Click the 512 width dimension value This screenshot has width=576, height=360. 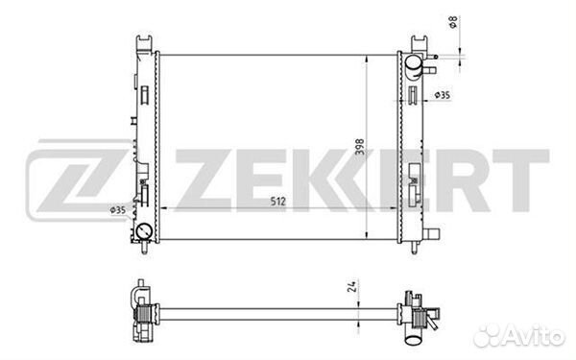pyautogui.click(x=277, y=202)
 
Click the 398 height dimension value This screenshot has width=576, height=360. pyautogui.click(x=360, y=147)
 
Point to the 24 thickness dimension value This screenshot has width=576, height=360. pyautogui.click(x=351, y=286)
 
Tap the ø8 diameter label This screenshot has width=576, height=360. pyautogui.click(x=453, y=22)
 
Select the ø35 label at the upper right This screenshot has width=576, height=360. pyautogui.click(x=443, y=95)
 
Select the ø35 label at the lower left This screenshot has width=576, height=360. pyautogui.click(x=118, y=210)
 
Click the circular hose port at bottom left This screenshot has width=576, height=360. pyautogui.click(x=144, y=231)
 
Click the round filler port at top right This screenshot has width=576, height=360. pyautogui.click(x=413, y=62)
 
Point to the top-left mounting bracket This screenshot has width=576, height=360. pyautogui.click(x=144, y=43)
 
